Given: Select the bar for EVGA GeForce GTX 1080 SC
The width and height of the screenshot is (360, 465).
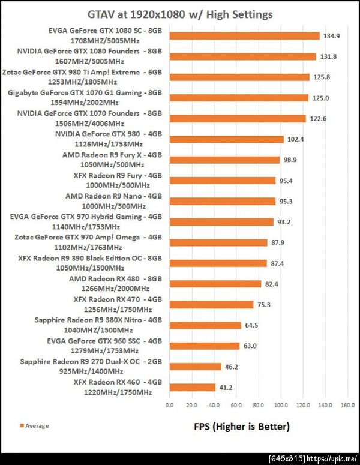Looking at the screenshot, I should [x=245, y=36].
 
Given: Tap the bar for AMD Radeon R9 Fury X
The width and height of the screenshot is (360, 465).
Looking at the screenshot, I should [x=225, y=160].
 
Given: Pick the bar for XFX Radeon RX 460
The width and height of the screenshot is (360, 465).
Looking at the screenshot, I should [x=193, y=388].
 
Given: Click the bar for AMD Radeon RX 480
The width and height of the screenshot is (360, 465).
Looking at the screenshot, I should [x=215, y=284].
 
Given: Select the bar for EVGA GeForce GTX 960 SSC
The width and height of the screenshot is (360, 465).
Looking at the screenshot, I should [x=205, y=346].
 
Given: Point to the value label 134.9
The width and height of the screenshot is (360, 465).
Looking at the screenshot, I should [x=333, y=36].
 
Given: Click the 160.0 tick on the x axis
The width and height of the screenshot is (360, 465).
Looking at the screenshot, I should [x=347, y=406].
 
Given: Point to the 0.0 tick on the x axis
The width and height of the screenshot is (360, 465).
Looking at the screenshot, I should [x=170, y=406].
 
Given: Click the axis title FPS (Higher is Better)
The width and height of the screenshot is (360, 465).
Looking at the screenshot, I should [x=242, y=427].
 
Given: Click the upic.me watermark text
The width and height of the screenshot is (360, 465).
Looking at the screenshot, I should [x=329, y=458].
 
